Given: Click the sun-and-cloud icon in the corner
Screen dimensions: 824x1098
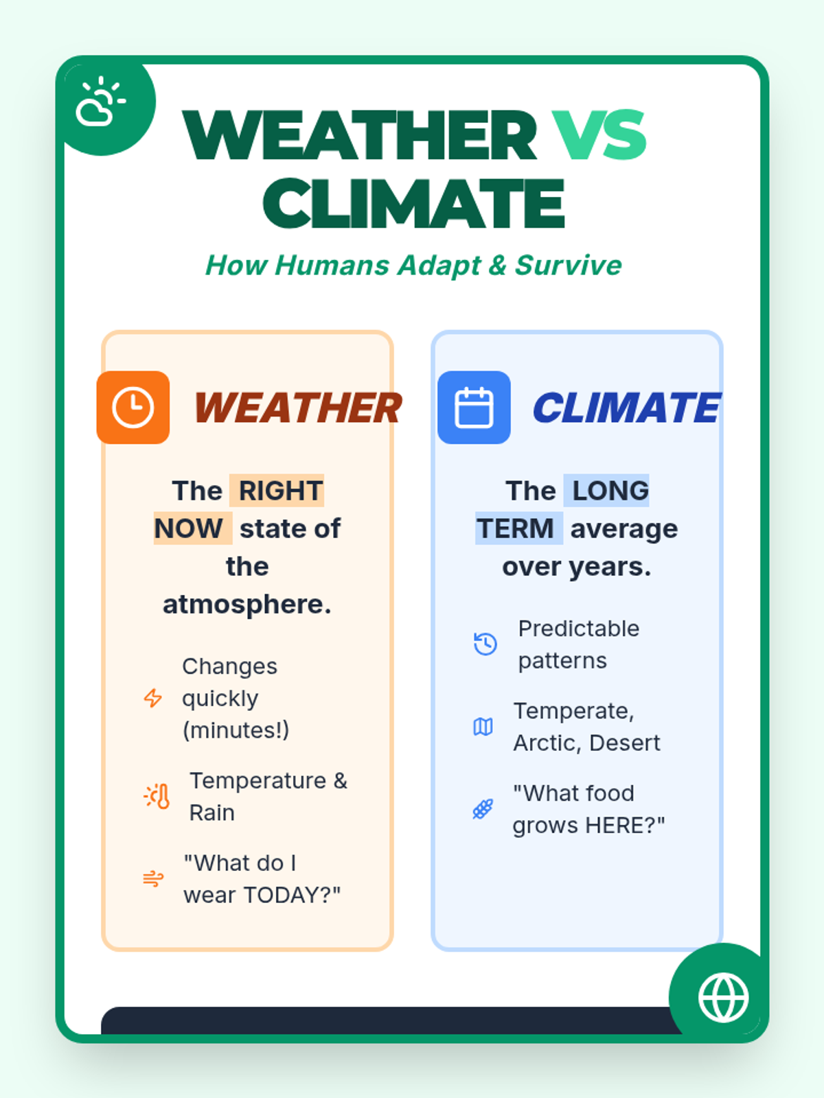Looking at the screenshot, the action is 100,101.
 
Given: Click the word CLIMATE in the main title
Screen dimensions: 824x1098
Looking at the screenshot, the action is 414,203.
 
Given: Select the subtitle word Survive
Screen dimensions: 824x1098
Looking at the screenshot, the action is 569,265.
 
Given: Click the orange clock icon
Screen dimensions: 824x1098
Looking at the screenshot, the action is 133,407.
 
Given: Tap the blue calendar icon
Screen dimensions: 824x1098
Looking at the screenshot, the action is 474,407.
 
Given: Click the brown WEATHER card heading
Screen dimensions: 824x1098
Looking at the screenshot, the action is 298,408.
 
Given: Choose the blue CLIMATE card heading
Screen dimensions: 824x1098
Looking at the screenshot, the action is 627,408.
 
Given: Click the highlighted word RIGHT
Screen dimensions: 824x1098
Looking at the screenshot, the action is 281,490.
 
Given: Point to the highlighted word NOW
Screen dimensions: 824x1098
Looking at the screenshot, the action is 189,528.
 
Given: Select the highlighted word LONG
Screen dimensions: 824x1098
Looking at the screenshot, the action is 610,490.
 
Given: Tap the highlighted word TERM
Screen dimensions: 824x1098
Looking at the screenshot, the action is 515,528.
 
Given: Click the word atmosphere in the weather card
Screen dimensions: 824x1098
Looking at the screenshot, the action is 247,605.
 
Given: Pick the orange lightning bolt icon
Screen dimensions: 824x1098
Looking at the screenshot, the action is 152,698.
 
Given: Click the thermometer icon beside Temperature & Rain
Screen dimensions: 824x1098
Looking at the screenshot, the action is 157,796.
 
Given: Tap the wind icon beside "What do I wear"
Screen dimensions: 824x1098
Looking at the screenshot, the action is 153,878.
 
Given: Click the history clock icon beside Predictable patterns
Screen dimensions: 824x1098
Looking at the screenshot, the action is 485,644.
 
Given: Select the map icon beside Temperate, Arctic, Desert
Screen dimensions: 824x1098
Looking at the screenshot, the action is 483,726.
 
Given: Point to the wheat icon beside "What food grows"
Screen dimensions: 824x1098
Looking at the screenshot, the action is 483,809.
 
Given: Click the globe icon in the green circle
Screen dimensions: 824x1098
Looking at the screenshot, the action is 724,997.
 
